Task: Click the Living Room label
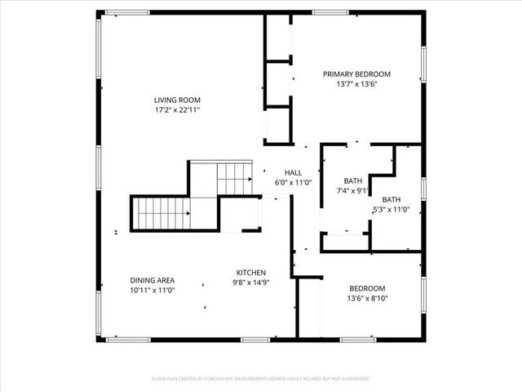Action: pyautogui.click(x=177, y=100)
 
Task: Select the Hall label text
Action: pyautogui.click(x=293, y=172)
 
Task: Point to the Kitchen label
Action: pyautogui.click(x=251, y=272)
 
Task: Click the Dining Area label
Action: pyautogui.click(x=153, y=280)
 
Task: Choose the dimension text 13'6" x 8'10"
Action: pyautogui.click(x=368, y=298)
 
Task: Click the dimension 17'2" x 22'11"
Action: pyautogui.click(x=177, y=109)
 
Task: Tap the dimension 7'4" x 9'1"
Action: pyautogui.click(x=352, y=190)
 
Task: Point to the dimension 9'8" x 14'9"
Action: pyautogui.click(x=251, y=282)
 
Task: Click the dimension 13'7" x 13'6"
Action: pyautogui.click(x=356, y=83)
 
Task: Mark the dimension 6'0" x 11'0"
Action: pyautogui.click(x=293, y=182)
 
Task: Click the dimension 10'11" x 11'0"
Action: pyautogui.click(x=153, y=290)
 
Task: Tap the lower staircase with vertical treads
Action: pyautogui.click(x=162, y=213)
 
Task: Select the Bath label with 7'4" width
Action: pyautogui.click(x=352, y=180)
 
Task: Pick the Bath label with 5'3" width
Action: pyautogui.click(x=391, y=199)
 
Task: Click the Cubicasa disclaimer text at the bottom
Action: pyautogui.click(x=261, y=379)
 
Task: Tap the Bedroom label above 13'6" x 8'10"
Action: pyautogui.click(x=368, y=288)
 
